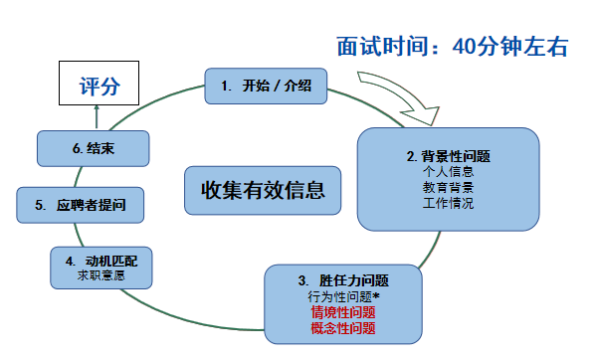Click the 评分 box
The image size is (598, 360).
[x=99, y=87]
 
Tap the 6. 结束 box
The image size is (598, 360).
[x=96, y=148]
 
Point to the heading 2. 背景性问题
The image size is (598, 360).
[x=449, y=156]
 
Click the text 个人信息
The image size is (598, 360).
[x=448, y=172]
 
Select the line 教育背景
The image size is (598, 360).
[x=448, y=187]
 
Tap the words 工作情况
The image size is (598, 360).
[x=448, y=203]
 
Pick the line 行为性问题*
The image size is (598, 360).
[x=341, y=296]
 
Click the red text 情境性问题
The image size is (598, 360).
[x=341, y=312]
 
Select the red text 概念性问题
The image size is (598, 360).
[x=341, y=327]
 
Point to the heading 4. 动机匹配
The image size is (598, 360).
[x=101, y=261]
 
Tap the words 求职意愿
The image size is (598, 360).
[x=101, y=275]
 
